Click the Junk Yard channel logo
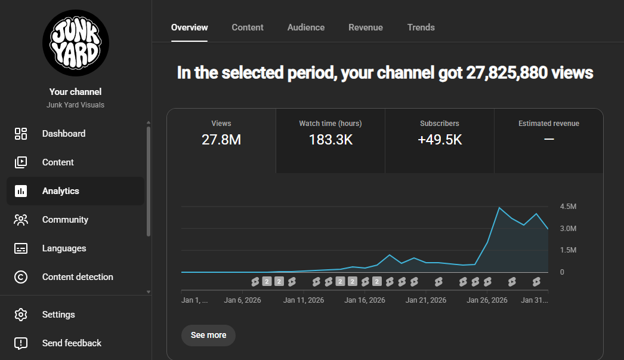pyautogui.click(x=76, y=43)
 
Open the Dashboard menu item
pyautogui.click(x=64, y=133)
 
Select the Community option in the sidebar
pyautogui.click(x=65, y=220)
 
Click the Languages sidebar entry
pyautogui.click(x=64, y=248)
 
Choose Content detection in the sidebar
pyautogui.click(x=78, y=277)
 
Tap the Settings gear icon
pyautogui.click(x=21, y=315)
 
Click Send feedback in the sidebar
pyautogui.click(x=72, y=343)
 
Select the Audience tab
pyautogui.click(x=306, y=27)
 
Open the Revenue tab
pyautogui.click(x=366, y=27)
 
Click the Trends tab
pyautogui.click(x=421, y=27)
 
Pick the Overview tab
pyautogui.click(x=190, y=27)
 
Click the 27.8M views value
pyautogui.click(x=221, y=140)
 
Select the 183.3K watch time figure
pyautogui.click(x=330, y=140)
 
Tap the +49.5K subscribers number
pyautogui.click(x=440, y=140)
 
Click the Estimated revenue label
pyautogui.click(x=549, y=124)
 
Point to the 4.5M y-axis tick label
pyautogui.click(x=568, y=207)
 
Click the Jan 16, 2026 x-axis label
pyautogui.click(x=364, y=300)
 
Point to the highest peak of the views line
pyautogui.click(x=499, y=208)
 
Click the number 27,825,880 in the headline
pyautogui.click(x=506, y=73)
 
